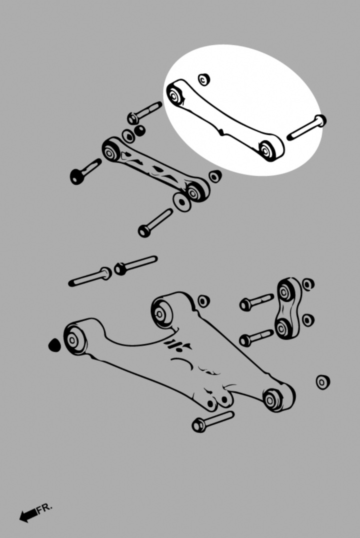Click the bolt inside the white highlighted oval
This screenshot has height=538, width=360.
306,127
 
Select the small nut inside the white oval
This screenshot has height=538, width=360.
204,79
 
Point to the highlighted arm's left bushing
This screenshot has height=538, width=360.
175,94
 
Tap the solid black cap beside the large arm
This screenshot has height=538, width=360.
54,345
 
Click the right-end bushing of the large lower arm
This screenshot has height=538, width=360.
273,399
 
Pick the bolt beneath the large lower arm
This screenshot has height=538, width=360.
213,421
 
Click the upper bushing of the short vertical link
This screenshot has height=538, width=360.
284,291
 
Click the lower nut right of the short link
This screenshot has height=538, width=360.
308,320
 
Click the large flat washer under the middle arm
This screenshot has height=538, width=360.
182,202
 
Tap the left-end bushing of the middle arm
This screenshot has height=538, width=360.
111,151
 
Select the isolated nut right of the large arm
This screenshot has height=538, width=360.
323,382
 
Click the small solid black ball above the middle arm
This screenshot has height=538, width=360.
139,130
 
